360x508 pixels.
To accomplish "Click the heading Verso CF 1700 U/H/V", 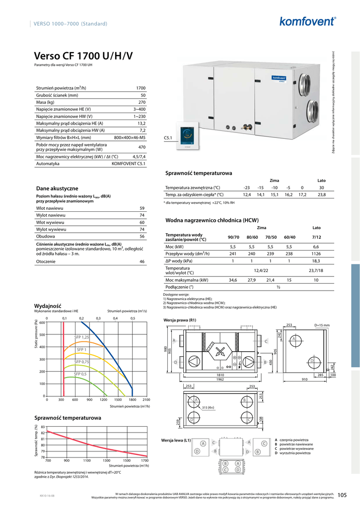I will click(x=83, y=56).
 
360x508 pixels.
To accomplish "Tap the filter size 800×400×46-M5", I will click(x=130, y=137).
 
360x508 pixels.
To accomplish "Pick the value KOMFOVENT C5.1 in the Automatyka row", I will click(x=129, y=163).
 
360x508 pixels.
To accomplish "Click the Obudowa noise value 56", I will click(x=142, y=237).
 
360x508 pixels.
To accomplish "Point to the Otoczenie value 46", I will click(x=142, y=261).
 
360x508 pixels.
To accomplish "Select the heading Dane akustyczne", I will click(x=57, y=189).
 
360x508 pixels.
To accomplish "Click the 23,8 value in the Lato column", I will click(x=321, y=195).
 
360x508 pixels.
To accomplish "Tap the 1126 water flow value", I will click(x=316, y=254).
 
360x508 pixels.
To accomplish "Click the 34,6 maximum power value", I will click(x=233, y=280).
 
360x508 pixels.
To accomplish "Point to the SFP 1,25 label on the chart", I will click(x=81, y=337).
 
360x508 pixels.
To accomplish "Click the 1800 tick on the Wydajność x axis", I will click(x=132, y=399).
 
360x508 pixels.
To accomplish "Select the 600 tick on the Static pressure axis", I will click(x=42, y=323).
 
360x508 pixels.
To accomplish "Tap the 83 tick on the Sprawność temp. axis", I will click(x=43, y=427).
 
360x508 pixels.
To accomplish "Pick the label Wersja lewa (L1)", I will click(x=176, y=440).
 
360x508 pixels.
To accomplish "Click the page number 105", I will click(x=342, y=495).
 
